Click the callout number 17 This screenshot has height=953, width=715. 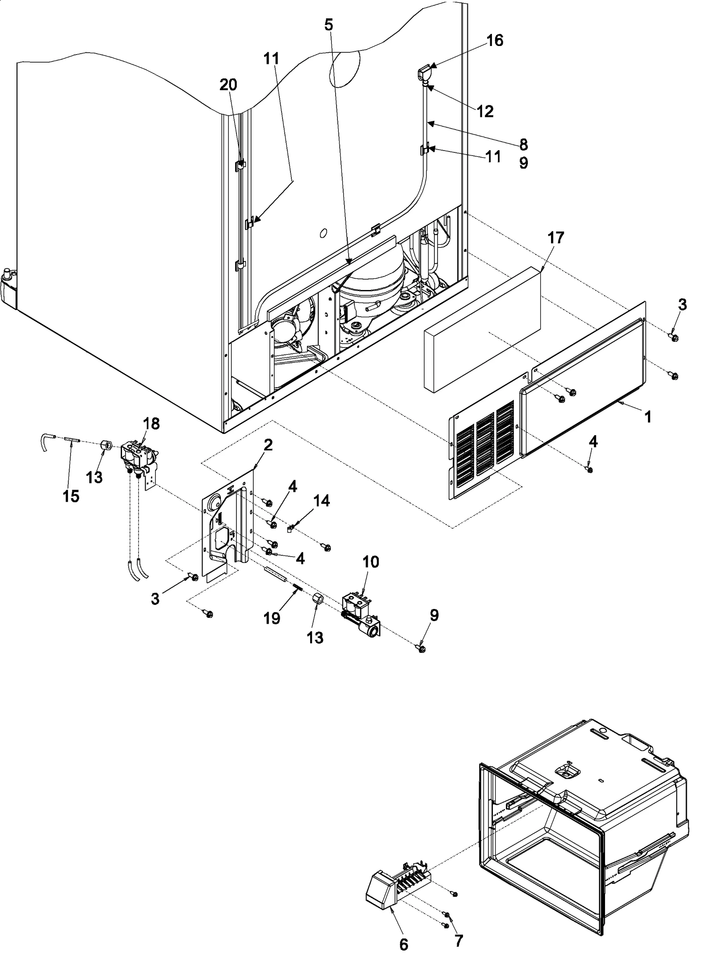click(556, 238)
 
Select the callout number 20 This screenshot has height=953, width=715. click(228, 84)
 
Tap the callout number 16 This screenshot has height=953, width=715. click(494, 41)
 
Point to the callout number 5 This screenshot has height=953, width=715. click(328, 25)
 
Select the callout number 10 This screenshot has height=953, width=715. click(371, 562)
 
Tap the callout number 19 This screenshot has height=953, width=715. click(272, 618)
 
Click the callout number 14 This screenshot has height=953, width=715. click(321, 501)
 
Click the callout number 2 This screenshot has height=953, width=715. click(268, 445)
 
